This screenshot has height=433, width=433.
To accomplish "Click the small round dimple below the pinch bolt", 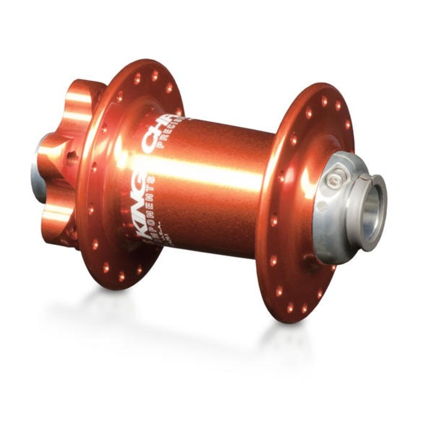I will coord(323,206).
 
